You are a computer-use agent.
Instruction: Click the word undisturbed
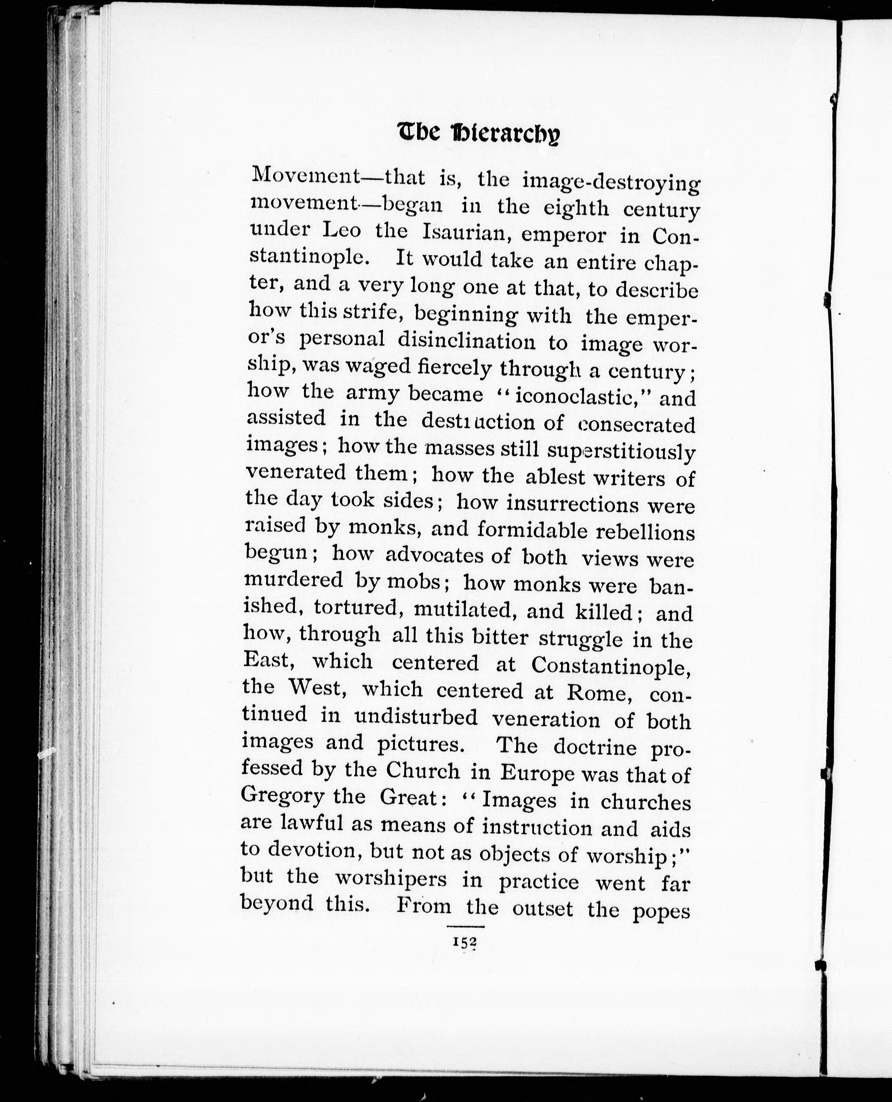[x=416, y=717]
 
